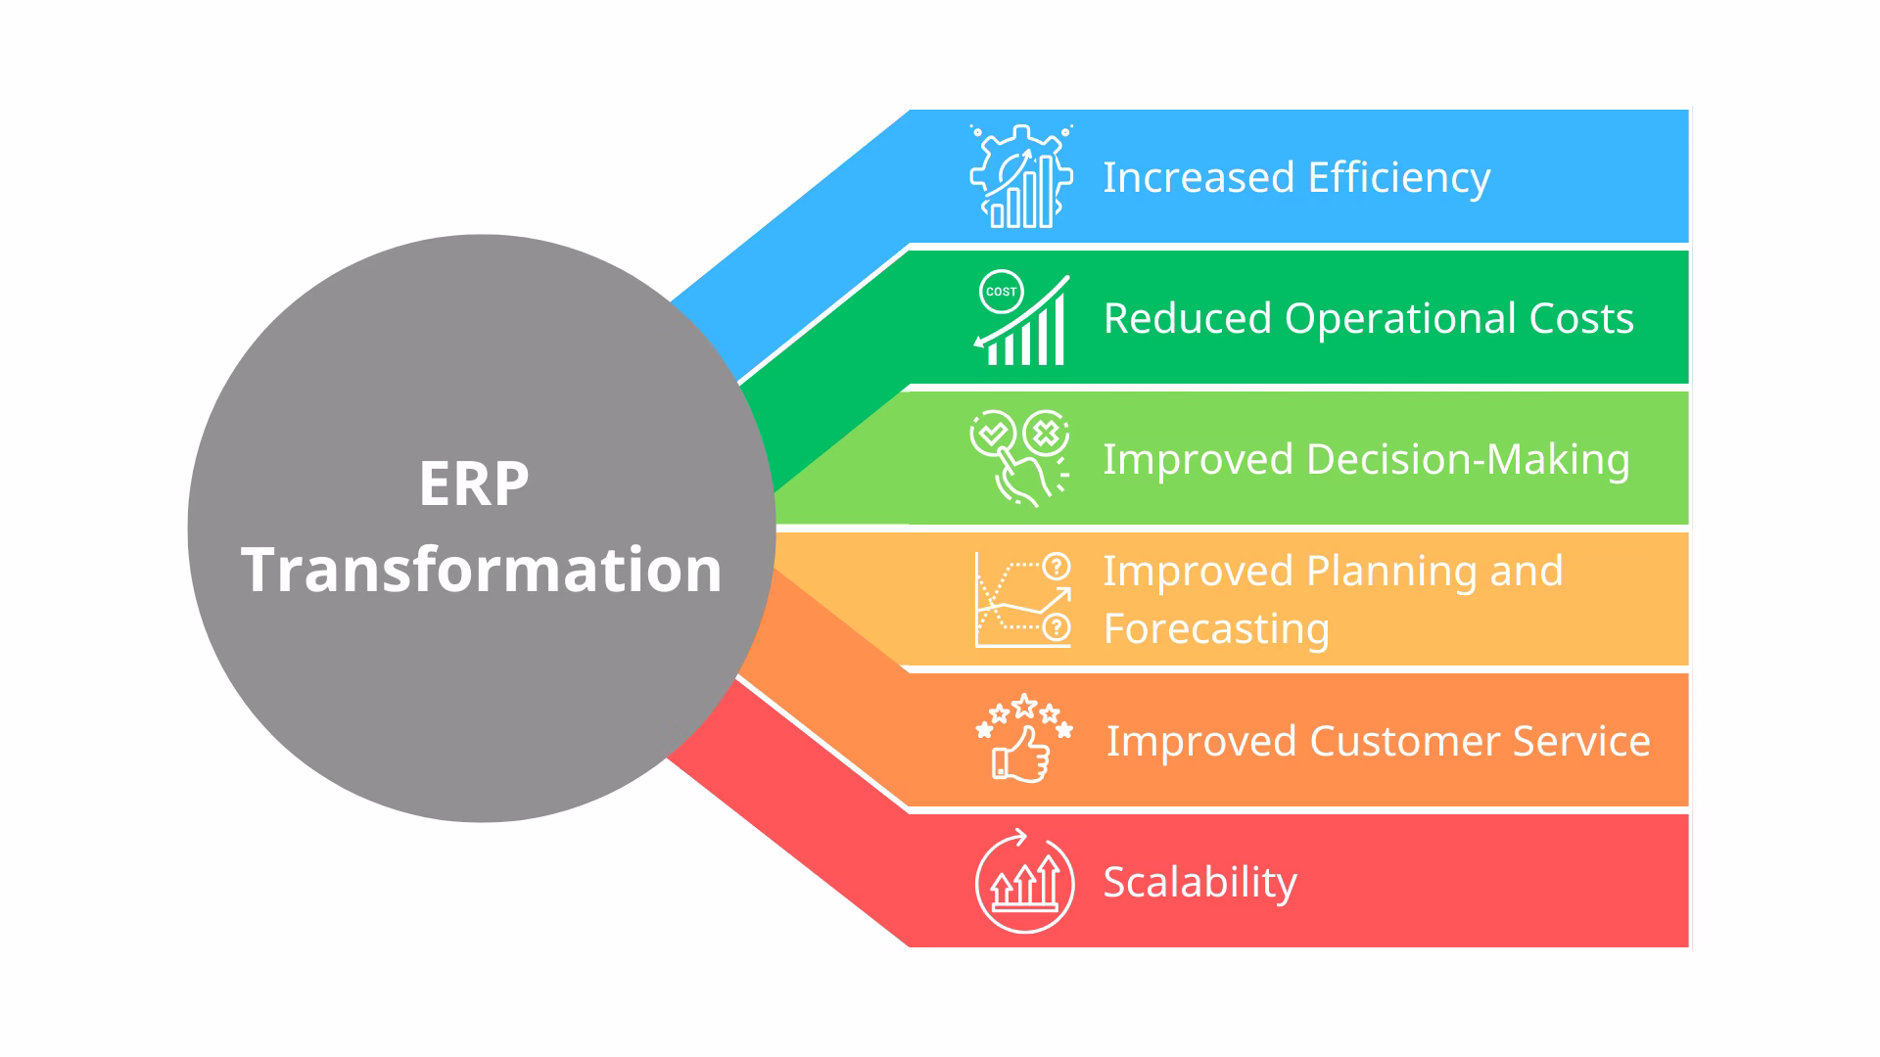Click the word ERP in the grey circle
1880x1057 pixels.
click(x=474, y=483)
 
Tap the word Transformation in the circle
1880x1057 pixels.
click(x=482, y=570)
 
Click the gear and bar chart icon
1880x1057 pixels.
click(x=1021, y=177)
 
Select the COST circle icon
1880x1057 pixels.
click(x=1001, y=292)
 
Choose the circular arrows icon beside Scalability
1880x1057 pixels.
click(x=1024, y=882)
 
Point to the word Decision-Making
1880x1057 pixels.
click(x=1468, y=460)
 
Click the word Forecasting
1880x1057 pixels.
click(x=1216, y=629)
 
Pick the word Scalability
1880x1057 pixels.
click(x=1199, y=883)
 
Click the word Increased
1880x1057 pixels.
click(x=1198, y=178)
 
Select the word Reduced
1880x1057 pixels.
click(x=1187, y=319)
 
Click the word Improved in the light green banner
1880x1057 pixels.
click(x=1198, y=460)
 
